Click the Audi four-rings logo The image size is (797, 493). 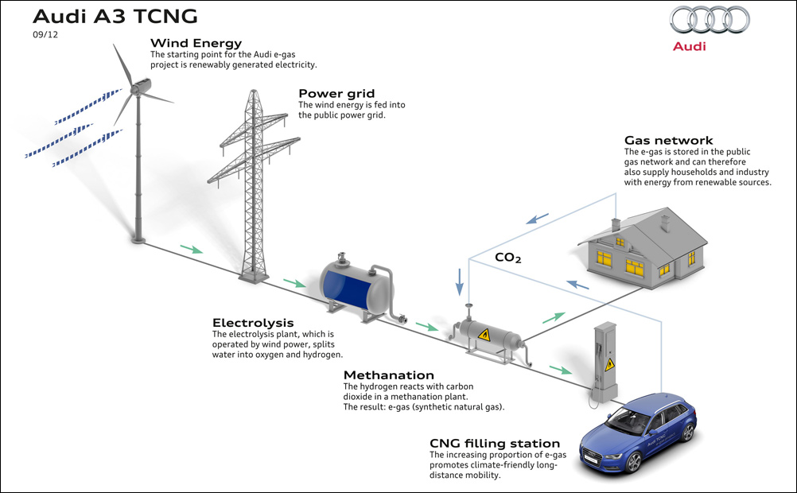[710, 21]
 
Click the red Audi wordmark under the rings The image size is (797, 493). [690, 46]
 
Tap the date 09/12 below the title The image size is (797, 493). [45, 34]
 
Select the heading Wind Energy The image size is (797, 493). [196, 43]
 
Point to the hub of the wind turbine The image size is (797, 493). [136, 89]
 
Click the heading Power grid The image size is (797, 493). [336, 94]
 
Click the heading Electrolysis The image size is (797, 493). [253, 323]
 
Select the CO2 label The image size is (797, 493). [507, 258]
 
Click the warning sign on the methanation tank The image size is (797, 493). [484, 335]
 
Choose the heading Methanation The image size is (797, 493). [389, 375]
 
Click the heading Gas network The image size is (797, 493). [668, 140]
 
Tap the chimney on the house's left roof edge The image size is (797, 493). [616, 225]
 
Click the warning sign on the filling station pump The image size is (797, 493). [609, 364]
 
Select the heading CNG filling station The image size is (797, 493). [495, 444]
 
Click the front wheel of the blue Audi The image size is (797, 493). [633, 463]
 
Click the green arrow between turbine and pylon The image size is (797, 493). [192, 249]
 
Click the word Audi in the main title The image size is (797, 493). [60, 16]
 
